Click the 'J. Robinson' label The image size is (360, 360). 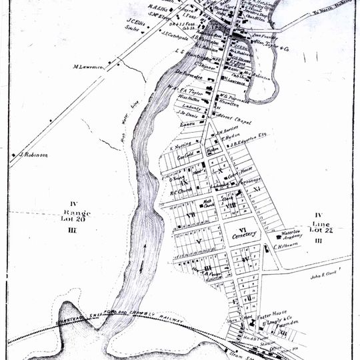33,155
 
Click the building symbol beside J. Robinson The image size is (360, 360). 13,155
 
